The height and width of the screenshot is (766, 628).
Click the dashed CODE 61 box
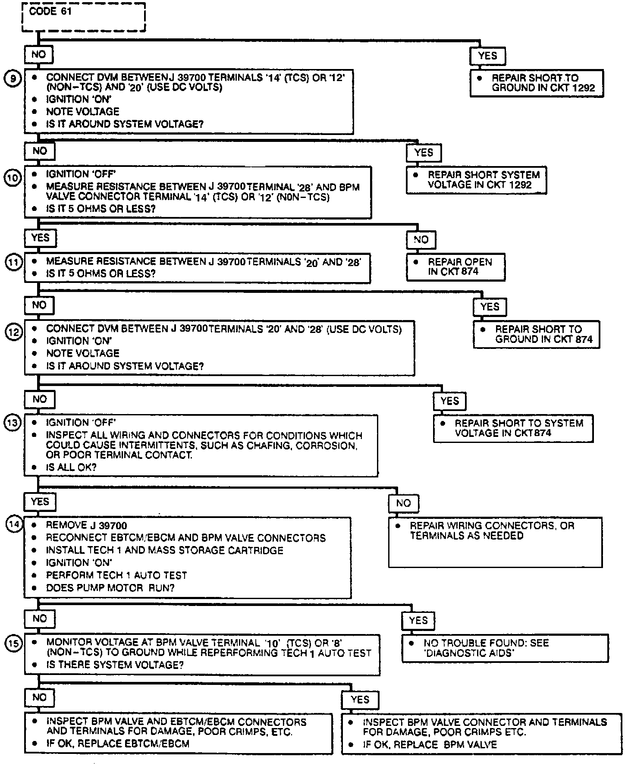84,17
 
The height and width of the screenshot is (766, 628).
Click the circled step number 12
13,333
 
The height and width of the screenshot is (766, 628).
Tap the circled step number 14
13,524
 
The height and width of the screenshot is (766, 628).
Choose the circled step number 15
13,643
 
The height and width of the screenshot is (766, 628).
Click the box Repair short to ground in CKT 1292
536,83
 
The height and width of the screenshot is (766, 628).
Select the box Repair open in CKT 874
455,267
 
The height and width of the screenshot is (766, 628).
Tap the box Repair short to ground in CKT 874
536,334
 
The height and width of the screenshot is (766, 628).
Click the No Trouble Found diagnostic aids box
505,648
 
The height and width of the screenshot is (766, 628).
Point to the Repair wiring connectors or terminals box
495,542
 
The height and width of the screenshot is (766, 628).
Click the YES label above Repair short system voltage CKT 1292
424,153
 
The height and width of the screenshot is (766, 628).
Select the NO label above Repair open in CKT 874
421,240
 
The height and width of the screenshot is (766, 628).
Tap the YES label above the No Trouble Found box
418,621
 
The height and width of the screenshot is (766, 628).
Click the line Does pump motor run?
110,588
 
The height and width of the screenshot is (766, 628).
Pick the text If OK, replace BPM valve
430,745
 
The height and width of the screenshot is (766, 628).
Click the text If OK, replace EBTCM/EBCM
118,744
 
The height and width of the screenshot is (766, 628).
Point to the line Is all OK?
71,467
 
